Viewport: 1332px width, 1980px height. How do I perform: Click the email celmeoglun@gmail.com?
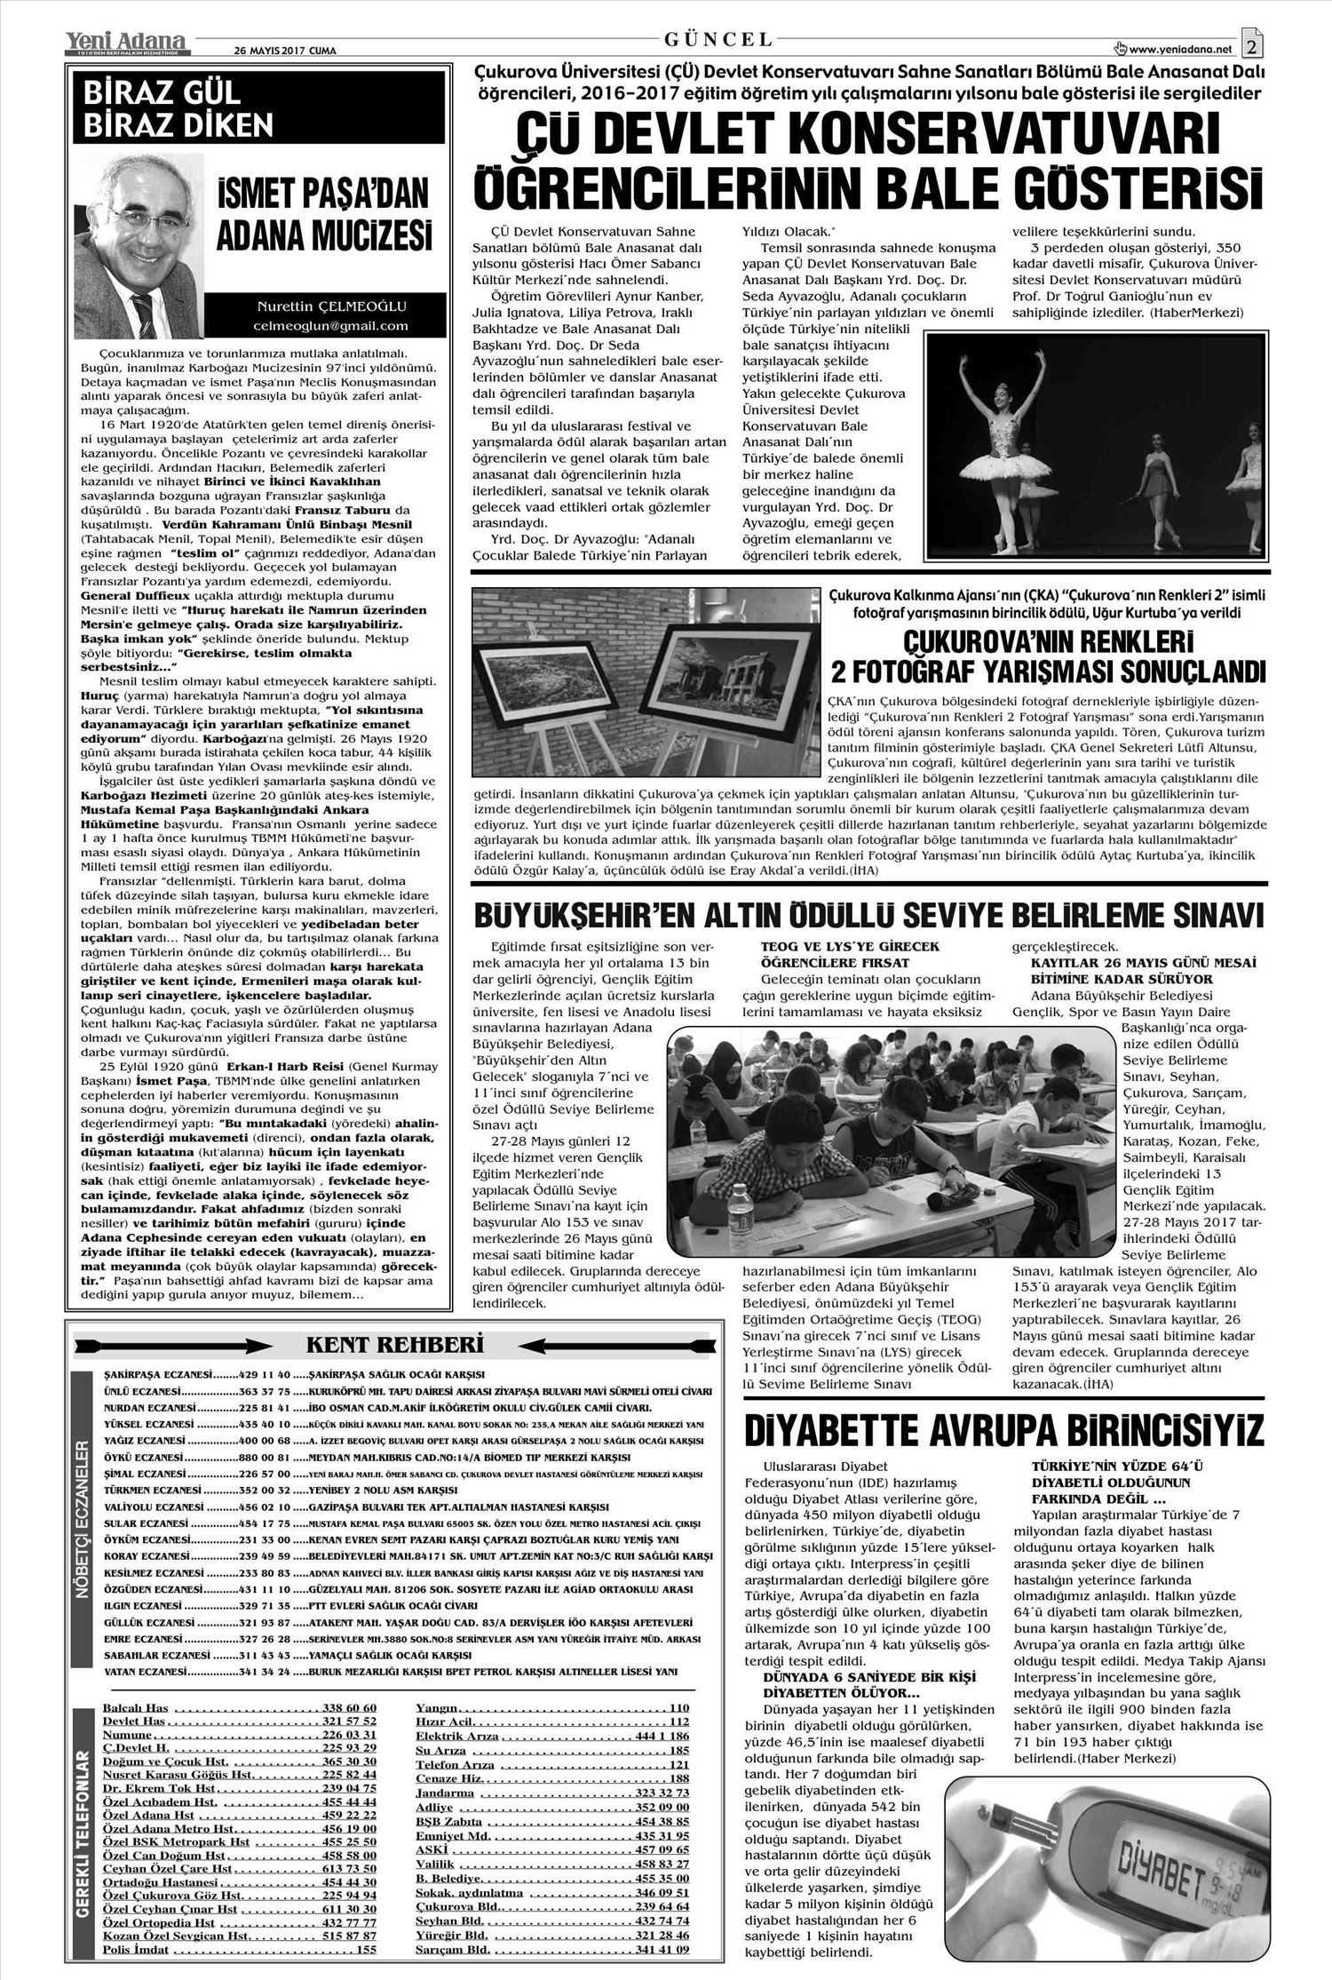pos(330,326)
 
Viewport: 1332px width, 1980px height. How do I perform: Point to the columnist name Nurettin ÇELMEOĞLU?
pos(330,307)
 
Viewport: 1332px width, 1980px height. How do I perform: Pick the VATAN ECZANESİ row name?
pos(146,1672)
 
